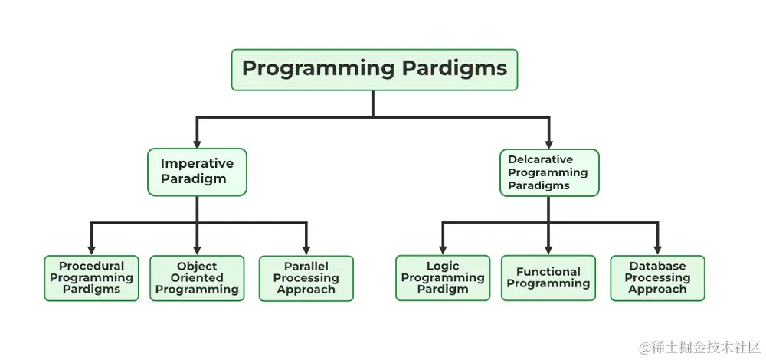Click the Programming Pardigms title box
point(375,70)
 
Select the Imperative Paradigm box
point(197,172)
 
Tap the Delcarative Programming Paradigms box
point(548,172)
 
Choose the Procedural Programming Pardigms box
point(91,278)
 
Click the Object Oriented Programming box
point(197,278)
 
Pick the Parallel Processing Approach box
point(306,278)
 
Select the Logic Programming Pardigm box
point(443,278)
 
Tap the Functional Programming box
point(548,278)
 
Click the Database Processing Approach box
point(657,278)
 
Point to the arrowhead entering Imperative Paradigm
point(197,143)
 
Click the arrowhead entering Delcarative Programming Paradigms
point(548,143)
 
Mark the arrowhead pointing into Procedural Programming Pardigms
point(91,250)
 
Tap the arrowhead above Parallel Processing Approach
point(306,250)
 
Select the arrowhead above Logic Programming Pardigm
point(443,250)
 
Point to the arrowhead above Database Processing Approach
point(657,250)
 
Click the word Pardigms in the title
point(454,69)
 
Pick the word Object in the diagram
point(197,267)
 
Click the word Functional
point(548,272)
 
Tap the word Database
point(657,267)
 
